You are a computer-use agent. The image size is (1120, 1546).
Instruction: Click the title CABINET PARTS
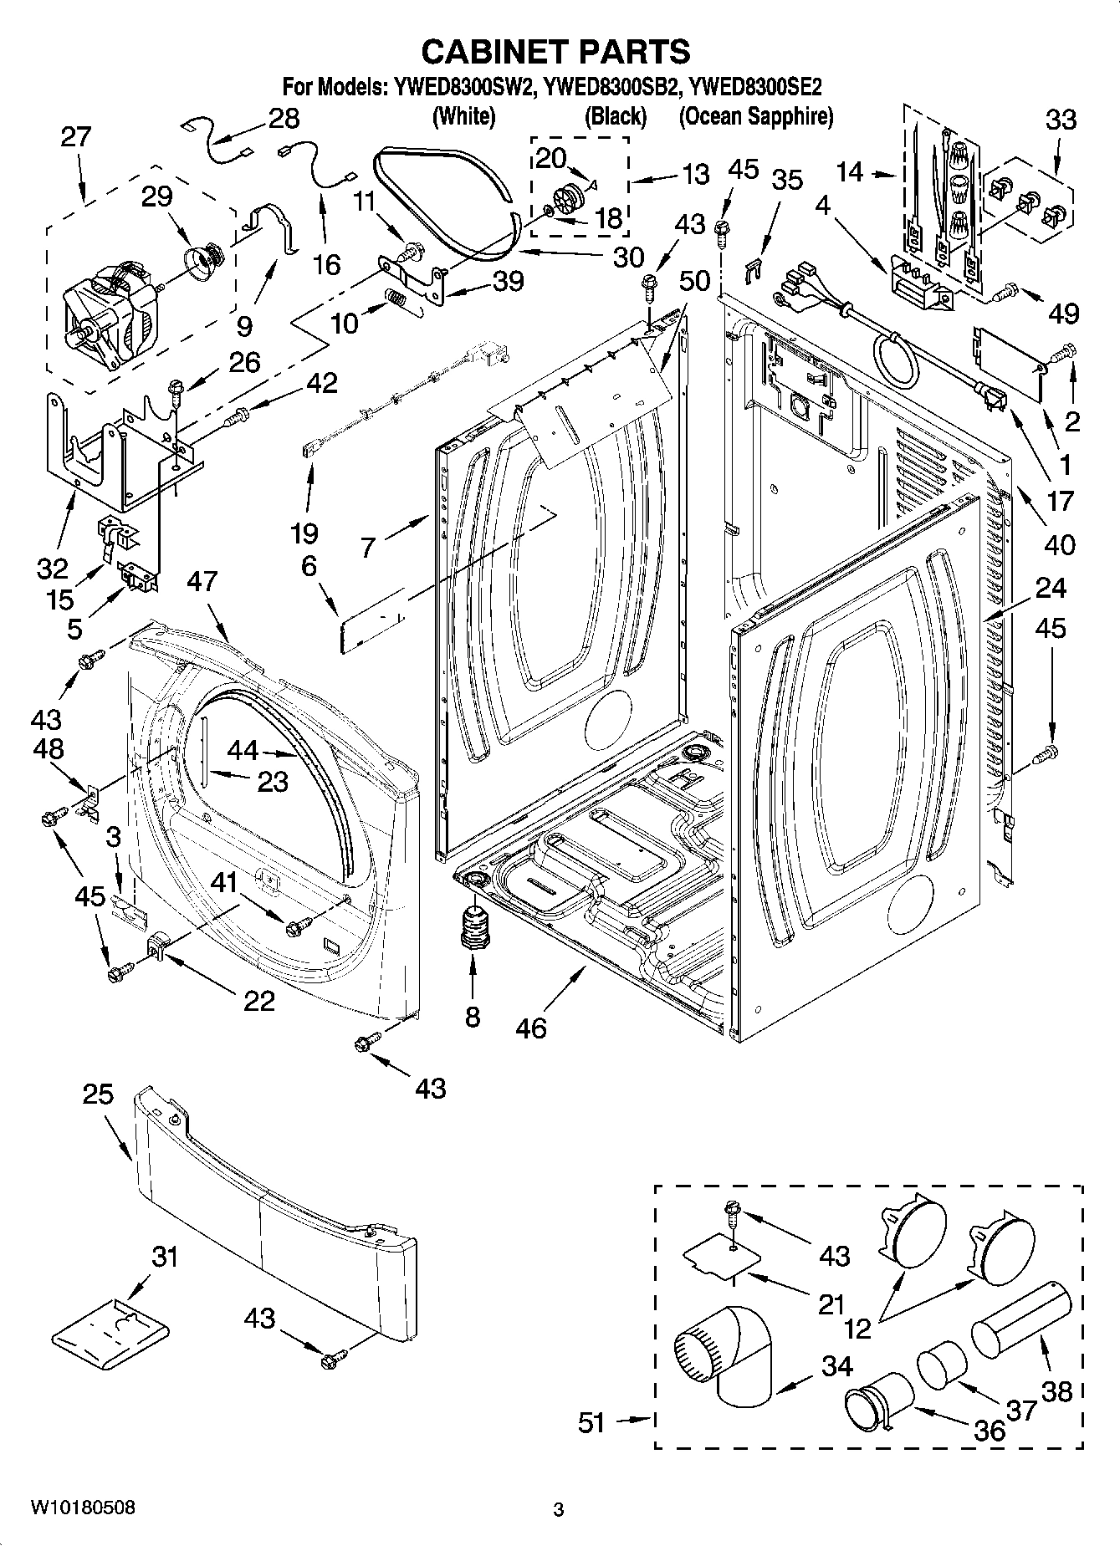tap(555, 52)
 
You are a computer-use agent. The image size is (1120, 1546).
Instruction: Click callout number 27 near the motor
tap(75, 136)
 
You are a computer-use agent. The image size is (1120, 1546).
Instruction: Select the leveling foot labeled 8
tap(473, 927)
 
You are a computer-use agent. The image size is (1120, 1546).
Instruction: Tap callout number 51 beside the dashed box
tap(591, 1422)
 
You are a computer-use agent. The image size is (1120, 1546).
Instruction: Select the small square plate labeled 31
tap(110, 1329)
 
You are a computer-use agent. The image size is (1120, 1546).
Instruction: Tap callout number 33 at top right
tap(1061, 120)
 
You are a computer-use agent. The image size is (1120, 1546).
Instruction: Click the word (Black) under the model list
tap(615, 116)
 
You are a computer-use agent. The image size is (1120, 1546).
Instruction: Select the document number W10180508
tap(82, 1508)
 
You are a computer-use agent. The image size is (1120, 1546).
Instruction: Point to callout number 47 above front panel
tap(202, 582)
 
